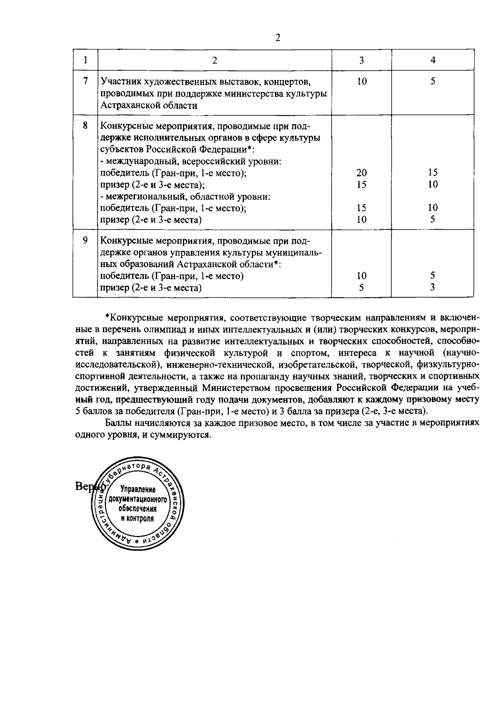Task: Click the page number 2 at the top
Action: coord(278,38)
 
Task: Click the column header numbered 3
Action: coord(361,60)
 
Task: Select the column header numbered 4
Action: coord(433,60)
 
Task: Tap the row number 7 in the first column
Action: coord(85,81)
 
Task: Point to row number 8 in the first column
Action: coord(85,125)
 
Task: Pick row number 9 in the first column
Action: coord(85,240)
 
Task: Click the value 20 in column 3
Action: coord(361,173)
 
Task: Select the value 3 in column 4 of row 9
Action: coord(433,287)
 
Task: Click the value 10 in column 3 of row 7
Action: coord(361,81)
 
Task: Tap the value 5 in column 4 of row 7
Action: coord(433,81)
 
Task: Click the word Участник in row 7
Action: coord(118,81)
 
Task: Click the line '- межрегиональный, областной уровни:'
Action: coord(186,196)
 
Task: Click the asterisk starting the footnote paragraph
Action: coord(107,317)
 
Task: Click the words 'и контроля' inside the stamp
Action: coord(137,518)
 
